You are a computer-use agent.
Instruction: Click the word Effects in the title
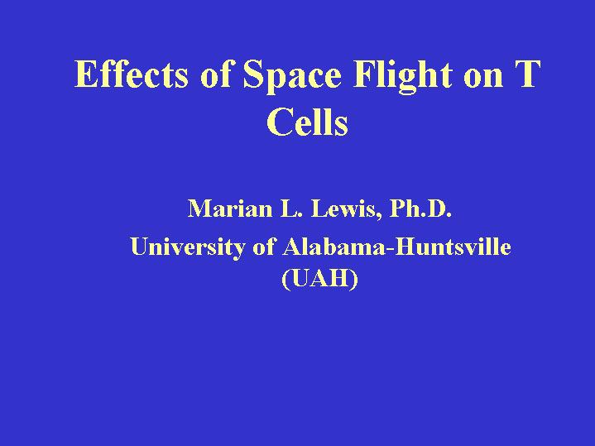click(x=131, y=74)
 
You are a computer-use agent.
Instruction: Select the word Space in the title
click(x=292, y=77)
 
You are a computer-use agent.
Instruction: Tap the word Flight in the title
click(x=403, y=77)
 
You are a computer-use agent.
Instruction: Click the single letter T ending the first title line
click(x=526, y=74)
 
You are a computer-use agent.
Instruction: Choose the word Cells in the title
click(x=307, y=122)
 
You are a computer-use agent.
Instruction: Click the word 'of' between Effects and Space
click(x=215, y=74)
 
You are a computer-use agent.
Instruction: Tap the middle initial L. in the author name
click(x=291, y=209)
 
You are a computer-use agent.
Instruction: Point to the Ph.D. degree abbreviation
click(x=420, y=209)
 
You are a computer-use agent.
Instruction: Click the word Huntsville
click(x=453, y=247)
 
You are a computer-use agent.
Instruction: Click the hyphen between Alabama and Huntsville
click(x=391, y=249)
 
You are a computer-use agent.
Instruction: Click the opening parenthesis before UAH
click(x=286, y=280)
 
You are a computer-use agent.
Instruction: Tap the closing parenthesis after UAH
click(x=354, y=280)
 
